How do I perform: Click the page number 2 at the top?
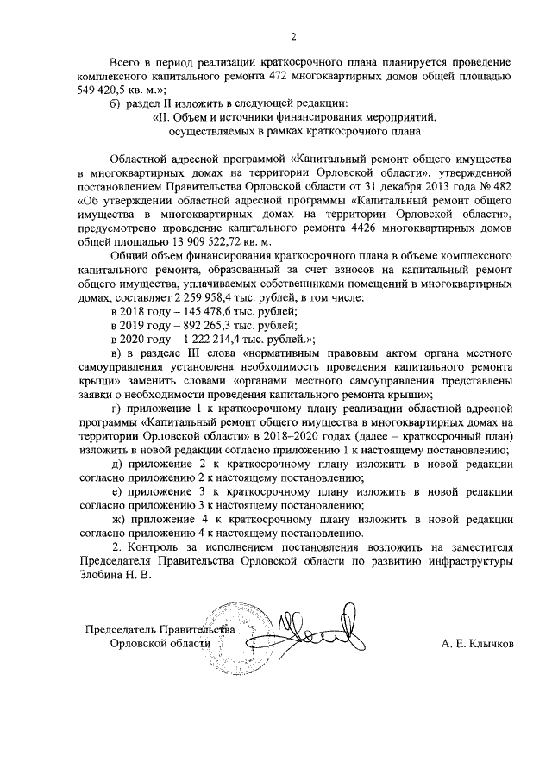tap(293, 36)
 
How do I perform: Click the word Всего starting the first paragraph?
tap(128, 64)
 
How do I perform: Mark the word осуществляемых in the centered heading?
tap(212, 132)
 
